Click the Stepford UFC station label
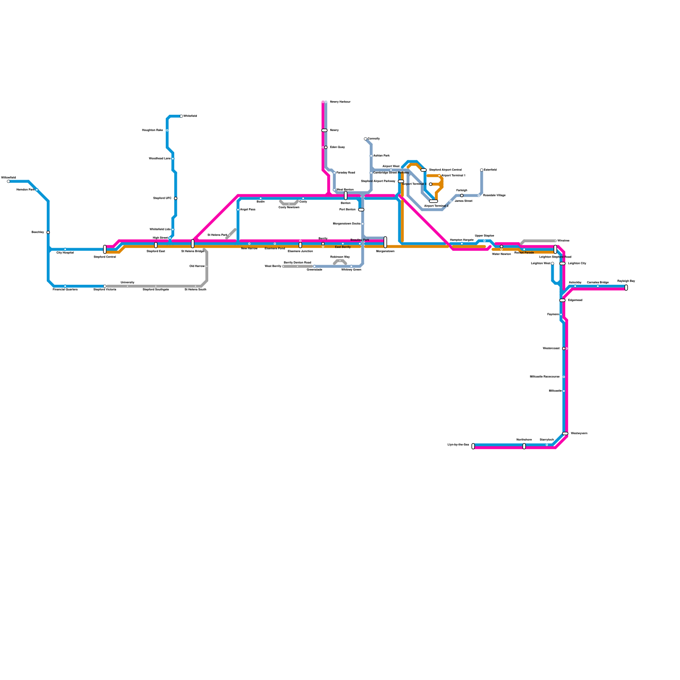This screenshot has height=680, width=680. (162, 198)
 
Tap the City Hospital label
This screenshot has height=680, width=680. (65, 253)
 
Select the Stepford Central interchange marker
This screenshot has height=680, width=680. (105, 249)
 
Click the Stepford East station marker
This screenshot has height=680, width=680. (156, 245)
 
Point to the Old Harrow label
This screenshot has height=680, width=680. (197, 266)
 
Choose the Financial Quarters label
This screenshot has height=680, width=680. (65, 290)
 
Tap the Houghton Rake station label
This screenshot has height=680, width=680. (153, 130)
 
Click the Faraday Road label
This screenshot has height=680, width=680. (346, 173)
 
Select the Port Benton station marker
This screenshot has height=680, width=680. (361, 210)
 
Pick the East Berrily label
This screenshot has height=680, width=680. (343, 247)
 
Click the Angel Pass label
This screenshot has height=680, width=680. (248, 210)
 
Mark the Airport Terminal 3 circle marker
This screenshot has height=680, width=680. (431, 184)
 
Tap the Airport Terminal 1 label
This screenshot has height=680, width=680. (453, 176)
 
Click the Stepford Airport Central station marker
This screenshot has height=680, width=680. (424, 170)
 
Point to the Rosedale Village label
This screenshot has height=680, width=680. (494, 195)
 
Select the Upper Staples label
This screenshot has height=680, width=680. (484, 235)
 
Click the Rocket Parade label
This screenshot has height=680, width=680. (524, 253)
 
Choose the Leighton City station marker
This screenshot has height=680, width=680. (563, 263)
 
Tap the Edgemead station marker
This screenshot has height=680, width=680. (563, 300)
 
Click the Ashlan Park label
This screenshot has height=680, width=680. (381, 156)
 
